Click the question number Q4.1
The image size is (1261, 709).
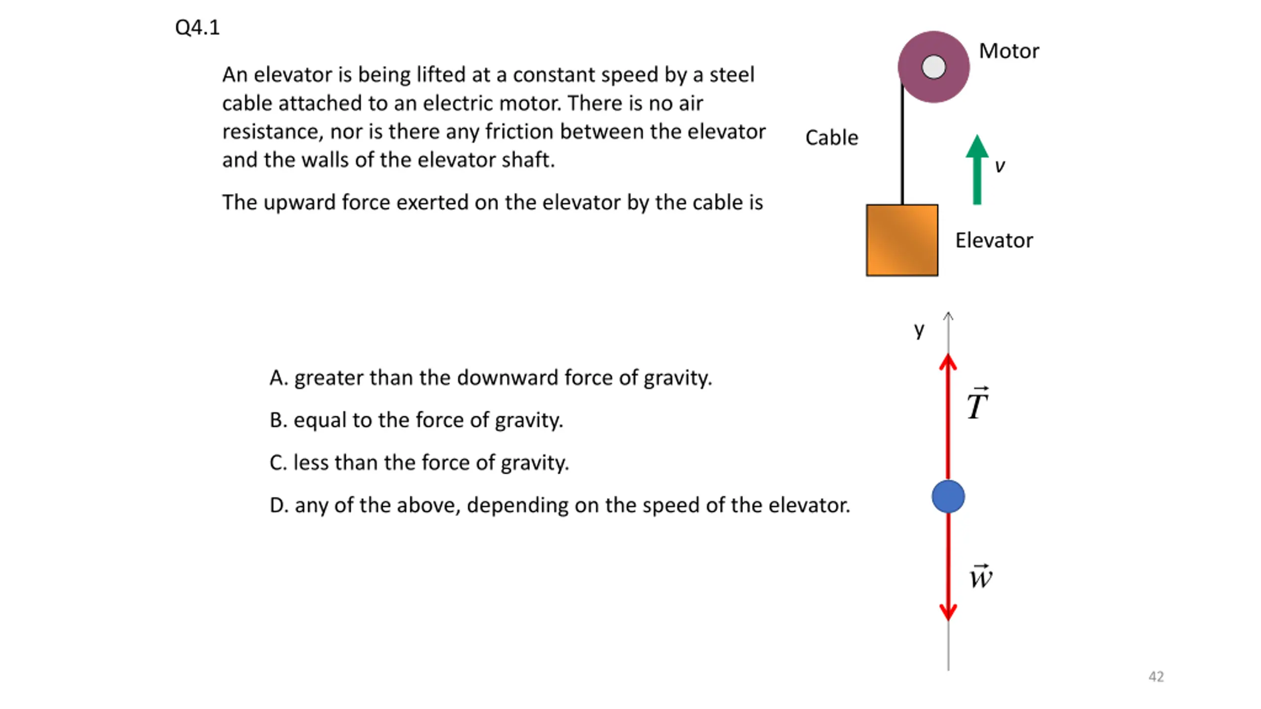coord(197,28)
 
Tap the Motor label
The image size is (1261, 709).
coord(1008,51)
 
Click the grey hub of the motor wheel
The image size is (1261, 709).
coord(933,67)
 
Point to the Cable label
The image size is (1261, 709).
coord(831,138)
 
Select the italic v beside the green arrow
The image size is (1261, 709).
coord(1000,166)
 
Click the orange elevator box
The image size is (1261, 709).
coord(902,240)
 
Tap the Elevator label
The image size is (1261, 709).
coord(994,241)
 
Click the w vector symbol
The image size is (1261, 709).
coord(980,577)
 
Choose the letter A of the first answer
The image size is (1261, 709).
coord(277,378)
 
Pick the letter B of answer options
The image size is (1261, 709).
coord(277,420)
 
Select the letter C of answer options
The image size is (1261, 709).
coord(277,463)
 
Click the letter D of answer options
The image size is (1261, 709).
coord(278,506)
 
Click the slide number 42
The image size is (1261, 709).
coord(1156,677)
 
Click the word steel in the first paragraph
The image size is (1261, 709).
coord(731,75)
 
